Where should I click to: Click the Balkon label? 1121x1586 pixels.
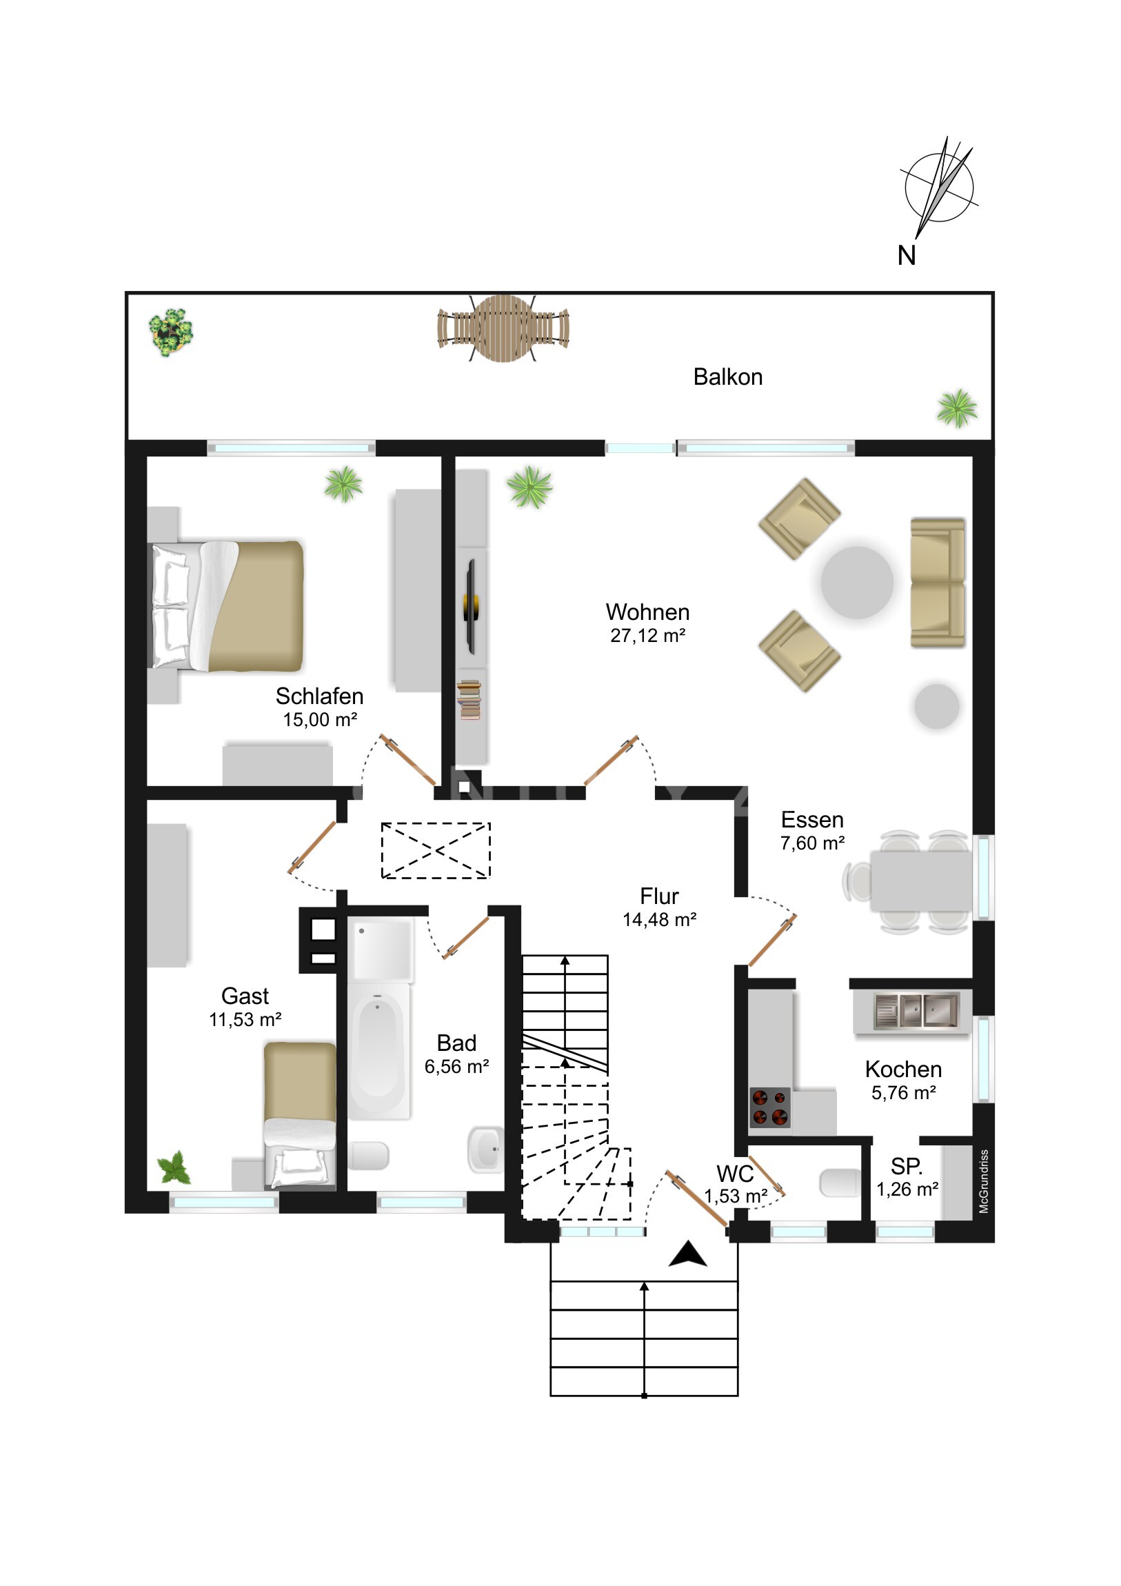tap(727, 377)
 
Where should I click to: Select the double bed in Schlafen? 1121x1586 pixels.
tap(227, 606)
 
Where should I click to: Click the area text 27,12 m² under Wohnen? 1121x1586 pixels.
tap(647, 636)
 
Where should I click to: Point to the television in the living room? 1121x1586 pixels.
tap(472, 607)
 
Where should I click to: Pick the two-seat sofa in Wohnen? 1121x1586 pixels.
tap(938, 582)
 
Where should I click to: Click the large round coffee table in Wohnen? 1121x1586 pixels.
tap(856, 582)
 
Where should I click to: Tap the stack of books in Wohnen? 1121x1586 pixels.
tap(469, 700)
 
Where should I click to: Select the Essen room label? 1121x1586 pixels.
tap(812, 819)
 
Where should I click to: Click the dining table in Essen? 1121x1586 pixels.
tap(920, 881)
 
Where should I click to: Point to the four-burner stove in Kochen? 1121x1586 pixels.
tap(769, 1107)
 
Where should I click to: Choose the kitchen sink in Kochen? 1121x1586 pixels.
tap(916, 1012)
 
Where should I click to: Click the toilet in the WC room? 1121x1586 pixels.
tap(840, 1183)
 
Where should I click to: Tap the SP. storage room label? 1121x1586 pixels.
tap(906, 1167)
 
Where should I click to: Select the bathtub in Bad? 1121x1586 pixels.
tap(378, 1051)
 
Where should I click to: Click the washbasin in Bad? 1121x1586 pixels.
tap(486, 1150)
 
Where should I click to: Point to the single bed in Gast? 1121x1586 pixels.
tap(300, 1116)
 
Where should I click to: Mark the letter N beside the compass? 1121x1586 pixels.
tap(906, 256)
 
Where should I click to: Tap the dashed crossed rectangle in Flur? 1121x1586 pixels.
tap(436, 850)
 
